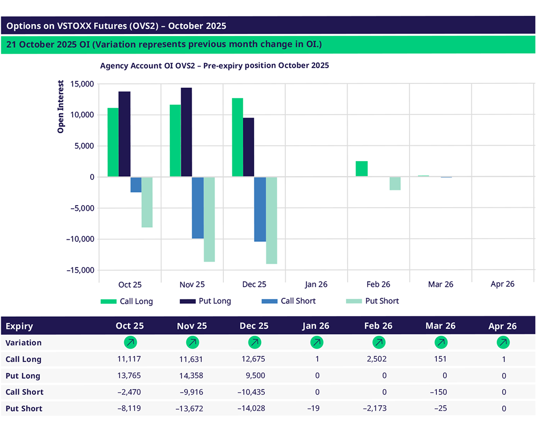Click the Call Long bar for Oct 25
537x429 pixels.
113,142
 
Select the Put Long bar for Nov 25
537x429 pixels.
186,132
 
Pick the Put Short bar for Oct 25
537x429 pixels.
147,202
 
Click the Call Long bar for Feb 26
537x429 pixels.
361,169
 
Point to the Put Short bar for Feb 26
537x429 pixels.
395,184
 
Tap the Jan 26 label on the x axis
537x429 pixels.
316,284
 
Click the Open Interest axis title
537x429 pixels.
61,106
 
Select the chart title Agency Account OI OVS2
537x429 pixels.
214,66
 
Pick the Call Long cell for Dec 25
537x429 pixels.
254,359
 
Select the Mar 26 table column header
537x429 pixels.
440,326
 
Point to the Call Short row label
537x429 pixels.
25,392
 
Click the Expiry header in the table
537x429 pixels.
19,326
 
